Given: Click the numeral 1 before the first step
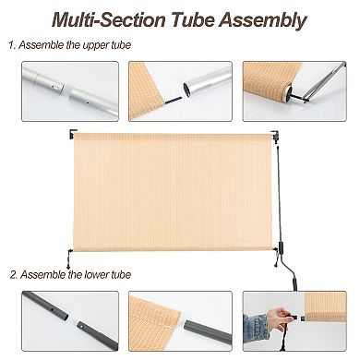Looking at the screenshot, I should [x=13, y=45].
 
